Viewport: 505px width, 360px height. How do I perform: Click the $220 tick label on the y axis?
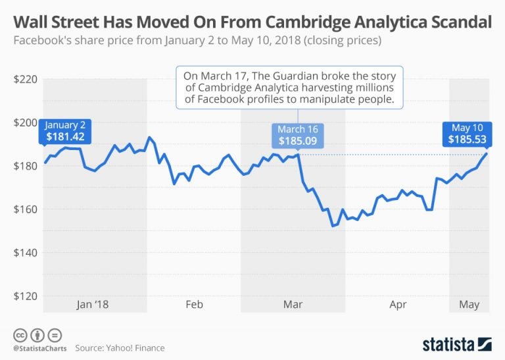coord(25,80)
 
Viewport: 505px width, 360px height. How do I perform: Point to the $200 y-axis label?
coord(25,123)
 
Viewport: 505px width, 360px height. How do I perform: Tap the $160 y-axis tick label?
coord(25,209)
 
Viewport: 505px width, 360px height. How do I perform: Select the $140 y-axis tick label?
coord(25,253)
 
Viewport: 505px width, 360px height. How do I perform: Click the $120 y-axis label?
coord(25,296)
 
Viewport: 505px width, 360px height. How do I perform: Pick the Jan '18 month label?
coord(93,305)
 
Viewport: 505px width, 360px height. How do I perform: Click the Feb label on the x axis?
coord(194,305)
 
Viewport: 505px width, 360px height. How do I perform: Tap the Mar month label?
coord(293,305)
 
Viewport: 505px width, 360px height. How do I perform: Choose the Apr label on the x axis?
coord(398,305)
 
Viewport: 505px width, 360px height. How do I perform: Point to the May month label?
coord(469,305)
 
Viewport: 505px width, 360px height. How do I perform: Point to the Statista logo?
coord(456,344)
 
